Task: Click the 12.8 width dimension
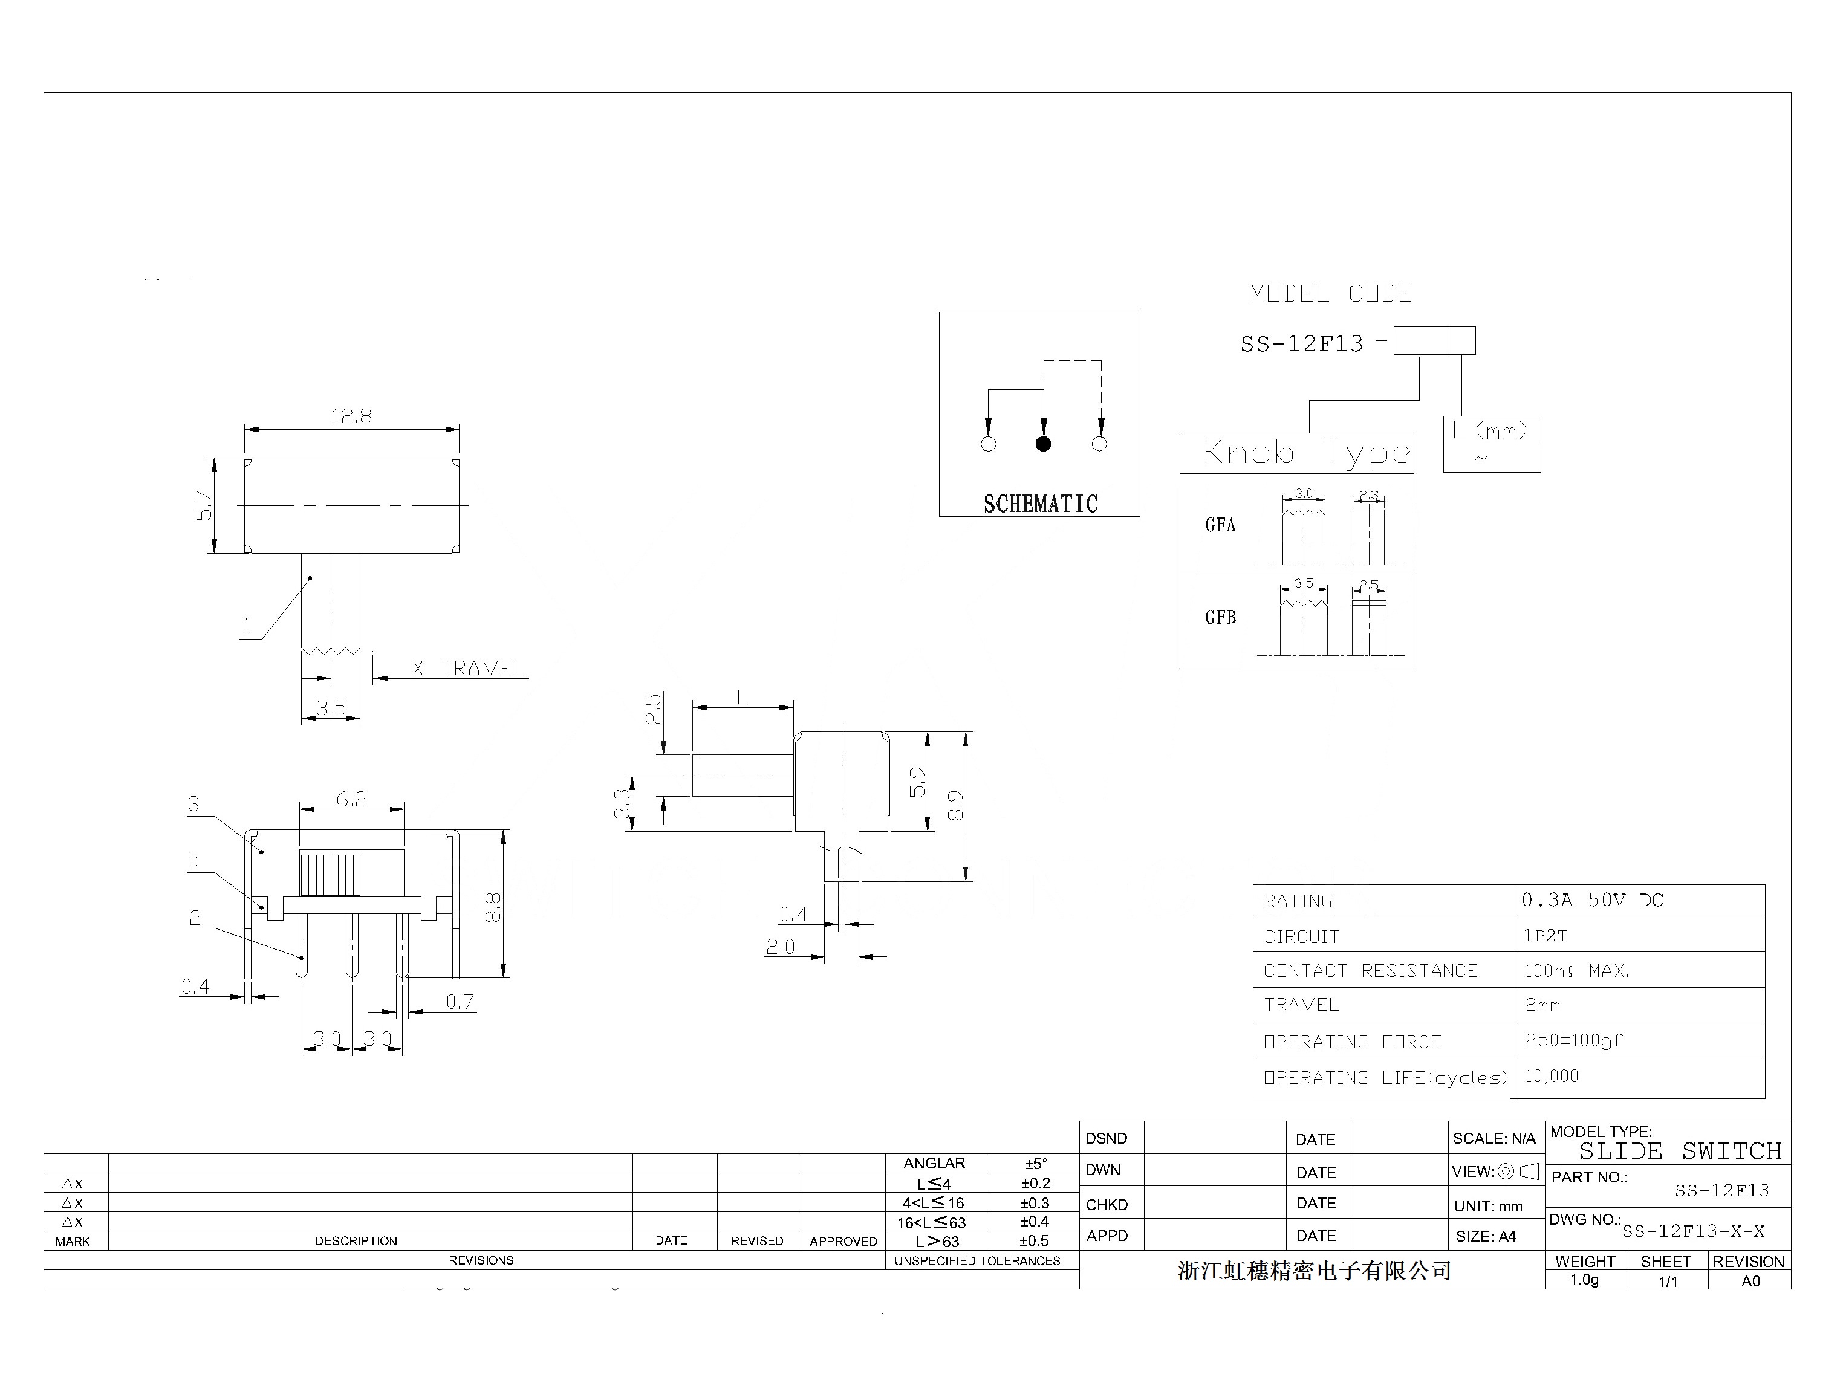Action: coord(351,416)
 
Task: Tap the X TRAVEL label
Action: coord(469,669)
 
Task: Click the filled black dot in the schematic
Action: coord(1043,444)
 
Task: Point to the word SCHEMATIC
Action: coord(1040,504)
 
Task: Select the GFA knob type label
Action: coord(1220,525)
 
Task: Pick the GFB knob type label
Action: coord(1220,618)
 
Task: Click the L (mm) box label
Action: coord(1490,431)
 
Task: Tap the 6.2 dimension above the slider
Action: coord(351,799)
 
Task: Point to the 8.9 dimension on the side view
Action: coord(955,805)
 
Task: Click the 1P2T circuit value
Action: coord(1546,936)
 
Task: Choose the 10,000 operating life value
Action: coord(1552,1076)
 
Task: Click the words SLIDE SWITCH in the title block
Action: coord(1680,1151)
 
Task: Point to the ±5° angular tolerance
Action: coord(1035,1163)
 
